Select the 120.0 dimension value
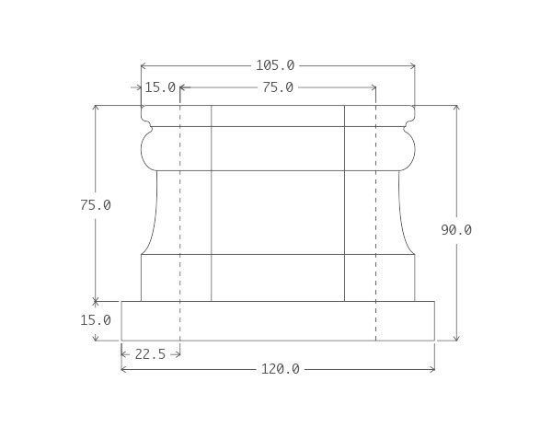point(280,369)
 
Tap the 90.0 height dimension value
point(456,230)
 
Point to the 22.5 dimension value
point(150,353)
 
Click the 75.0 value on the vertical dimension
point(96,205)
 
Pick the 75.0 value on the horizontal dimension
point(278,87)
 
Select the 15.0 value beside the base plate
point(96,320)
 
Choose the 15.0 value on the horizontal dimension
point(160,87)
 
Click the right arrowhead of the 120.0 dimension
point(431,369)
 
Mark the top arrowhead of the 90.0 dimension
point(456,109)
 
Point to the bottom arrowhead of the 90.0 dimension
point(456,337)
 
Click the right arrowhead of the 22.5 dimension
point(176,353)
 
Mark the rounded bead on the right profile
point(408,148)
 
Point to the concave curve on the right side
point(403,212)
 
